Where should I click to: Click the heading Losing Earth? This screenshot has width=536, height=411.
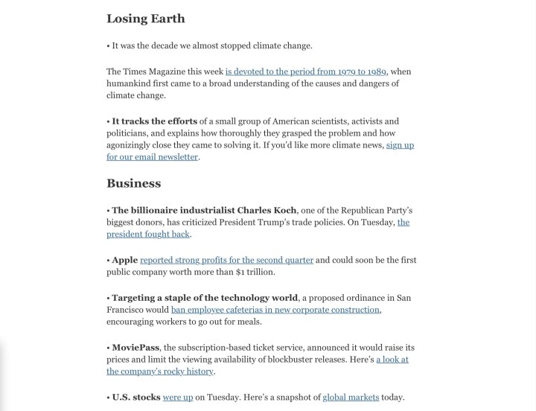coord(145,19)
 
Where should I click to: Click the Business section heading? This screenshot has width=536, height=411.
coord(133,183)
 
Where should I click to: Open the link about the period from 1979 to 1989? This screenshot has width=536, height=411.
coord(305,71)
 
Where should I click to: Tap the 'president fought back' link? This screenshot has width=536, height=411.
coord(148,234)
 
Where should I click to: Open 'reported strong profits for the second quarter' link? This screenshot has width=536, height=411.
coord(226,260)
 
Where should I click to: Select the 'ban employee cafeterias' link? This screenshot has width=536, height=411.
coord(275,310)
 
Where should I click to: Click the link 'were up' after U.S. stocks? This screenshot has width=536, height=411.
coord(178,397)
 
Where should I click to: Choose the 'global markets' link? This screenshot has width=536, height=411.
coord(351,397)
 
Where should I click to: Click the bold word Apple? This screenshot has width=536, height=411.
coord(125,260)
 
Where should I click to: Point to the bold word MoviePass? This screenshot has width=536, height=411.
coord(136,348)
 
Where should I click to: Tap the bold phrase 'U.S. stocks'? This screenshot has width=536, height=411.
coord(136,397)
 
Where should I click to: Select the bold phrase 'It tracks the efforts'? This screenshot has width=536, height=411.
coord(155,121)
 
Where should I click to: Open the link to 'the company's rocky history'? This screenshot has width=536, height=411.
coord(160,371)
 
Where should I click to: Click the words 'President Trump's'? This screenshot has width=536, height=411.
coord(245,223)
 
